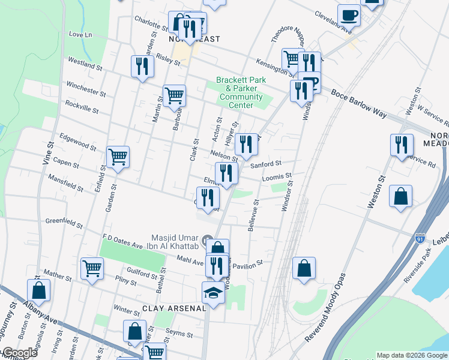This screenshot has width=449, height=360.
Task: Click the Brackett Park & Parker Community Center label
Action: tap(240, 92)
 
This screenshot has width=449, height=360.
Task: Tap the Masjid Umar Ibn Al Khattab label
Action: tap(169, 244)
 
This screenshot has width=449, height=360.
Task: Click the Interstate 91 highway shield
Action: tap(420, 238)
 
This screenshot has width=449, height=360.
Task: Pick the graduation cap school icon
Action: tap(212, 292)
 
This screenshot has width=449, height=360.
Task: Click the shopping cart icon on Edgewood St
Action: tap(118, 157)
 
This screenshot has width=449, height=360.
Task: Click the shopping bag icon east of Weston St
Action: tap(400, 196)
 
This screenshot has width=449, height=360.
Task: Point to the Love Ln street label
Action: tap(79, 35)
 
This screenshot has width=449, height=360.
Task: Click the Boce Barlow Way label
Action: tap(355, 96)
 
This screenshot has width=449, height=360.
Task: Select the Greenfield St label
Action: tap(64, 224)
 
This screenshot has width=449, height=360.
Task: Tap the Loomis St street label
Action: tap(276, 178)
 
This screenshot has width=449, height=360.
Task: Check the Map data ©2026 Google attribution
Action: tap(412, 355)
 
